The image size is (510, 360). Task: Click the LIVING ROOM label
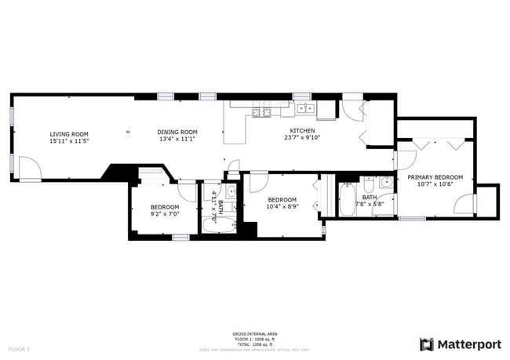[69, 134]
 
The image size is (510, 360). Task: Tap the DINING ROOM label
[177, 132]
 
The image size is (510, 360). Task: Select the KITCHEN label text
[304, 130]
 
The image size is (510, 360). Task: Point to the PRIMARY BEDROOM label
[434, 177]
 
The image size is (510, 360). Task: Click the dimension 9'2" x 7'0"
[165, 214]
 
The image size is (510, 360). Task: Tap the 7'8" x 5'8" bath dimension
[368, 205]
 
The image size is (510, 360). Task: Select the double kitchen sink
[305, 108]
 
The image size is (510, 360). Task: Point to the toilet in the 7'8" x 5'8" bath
[368, 184]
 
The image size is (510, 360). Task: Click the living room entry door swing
[29, 169]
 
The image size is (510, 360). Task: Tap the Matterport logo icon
[427, 344]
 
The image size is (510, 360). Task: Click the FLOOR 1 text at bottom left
[19, 348]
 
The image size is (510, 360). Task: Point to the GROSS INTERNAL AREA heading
[254, 333]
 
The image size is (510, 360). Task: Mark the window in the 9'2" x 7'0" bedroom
[180, 237]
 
